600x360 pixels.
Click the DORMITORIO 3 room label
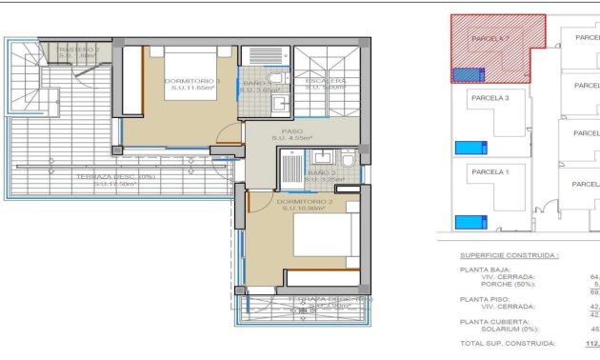192,81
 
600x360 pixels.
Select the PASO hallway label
292,132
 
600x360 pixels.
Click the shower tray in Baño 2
290,168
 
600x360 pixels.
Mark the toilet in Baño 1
275,80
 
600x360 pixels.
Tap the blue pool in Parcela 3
469,147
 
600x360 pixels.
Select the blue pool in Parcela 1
469,222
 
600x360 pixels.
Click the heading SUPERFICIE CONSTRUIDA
509,256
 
